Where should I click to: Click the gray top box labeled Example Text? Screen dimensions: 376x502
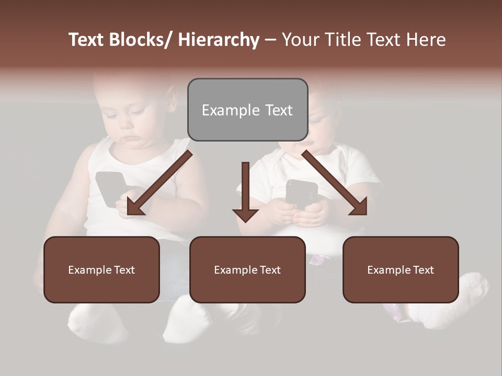point(247,110)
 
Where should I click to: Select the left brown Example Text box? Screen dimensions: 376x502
point(101,269)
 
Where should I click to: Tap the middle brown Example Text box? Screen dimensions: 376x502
point(247,269)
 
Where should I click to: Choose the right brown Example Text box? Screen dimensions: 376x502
point(401,269)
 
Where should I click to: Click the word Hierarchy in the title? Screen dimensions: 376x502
point(219,40)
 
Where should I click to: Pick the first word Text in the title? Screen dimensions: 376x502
point(87,40)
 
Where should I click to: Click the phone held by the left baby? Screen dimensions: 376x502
point(110,188)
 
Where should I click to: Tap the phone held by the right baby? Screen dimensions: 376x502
point(302,193)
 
